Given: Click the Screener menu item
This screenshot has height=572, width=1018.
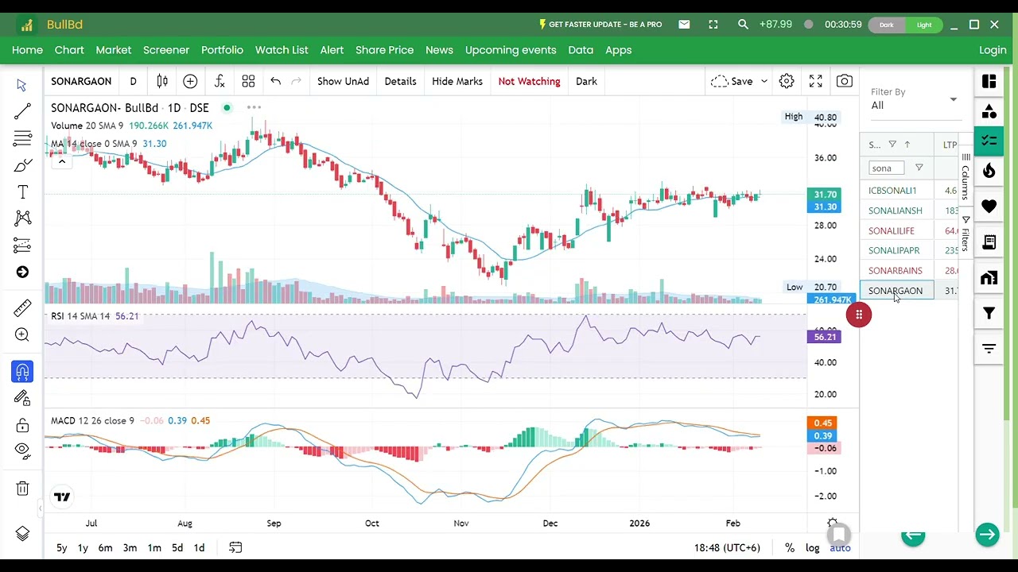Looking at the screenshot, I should click(166, 50).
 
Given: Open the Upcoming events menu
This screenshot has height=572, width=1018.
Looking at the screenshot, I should click(511, 50).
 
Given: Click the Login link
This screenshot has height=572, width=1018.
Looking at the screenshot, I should click(993, 50).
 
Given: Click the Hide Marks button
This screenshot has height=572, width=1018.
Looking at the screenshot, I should click(457, 81).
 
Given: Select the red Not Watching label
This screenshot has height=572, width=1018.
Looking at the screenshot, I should click(529, 81).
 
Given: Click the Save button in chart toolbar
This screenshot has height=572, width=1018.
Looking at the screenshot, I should click(741, 81).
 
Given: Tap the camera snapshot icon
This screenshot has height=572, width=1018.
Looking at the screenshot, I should click(845, 81).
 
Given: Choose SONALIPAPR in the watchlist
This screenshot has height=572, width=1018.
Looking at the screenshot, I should click(894, 250).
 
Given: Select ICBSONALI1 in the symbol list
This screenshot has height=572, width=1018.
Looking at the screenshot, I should click(892, 191).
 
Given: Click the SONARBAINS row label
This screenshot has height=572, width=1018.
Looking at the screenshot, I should click(896, 271).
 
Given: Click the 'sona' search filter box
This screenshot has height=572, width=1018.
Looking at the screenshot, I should click(886, 168).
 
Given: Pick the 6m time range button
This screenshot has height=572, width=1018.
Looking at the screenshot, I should click(105, 547).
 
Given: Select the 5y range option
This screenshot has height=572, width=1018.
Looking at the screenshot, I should click(61, 547).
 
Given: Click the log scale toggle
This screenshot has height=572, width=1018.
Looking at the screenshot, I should click(812, 547).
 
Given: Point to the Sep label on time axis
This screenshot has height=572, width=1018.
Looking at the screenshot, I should click(274, 523).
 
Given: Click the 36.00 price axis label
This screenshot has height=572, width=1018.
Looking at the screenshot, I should click(826, 157).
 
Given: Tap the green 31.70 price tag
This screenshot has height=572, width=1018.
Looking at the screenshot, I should click(825, 194).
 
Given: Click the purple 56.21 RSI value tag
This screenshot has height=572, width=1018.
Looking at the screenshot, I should click(825, 337).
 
